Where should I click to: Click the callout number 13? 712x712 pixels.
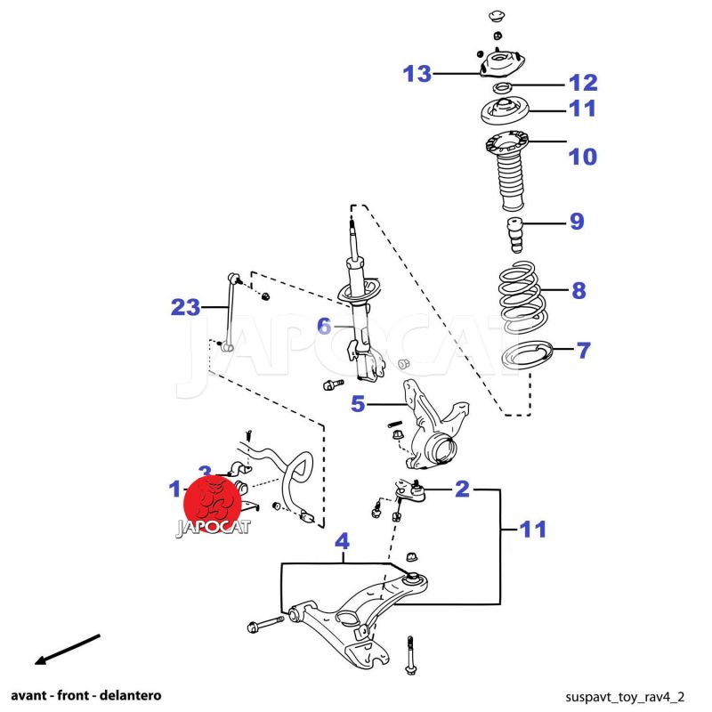[x=417, y=74]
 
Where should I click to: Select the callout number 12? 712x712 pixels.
[x=583, y=83]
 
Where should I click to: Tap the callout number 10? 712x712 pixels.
[x=583, y=158]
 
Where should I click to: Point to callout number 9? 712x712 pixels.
[x=577, y=222]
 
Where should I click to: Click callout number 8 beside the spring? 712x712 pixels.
[x=578, y=290]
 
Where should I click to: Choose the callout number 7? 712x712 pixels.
[x=583, y=351]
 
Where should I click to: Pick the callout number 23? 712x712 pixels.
[x=185, y=308]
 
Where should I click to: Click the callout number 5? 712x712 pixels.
[x=358, y=404]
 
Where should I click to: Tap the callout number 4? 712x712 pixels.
[x=342, y=540]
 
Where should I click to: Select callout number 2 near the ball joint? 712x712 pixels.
[x=462, y=488]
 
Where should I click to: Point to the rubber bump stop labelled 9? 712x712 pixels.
[x=514, y=233]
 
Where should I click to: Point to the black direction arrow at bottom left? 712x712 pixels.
[x=67, y=650]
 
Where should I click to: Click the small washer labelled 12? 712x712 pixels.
[x=502, y=87]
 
